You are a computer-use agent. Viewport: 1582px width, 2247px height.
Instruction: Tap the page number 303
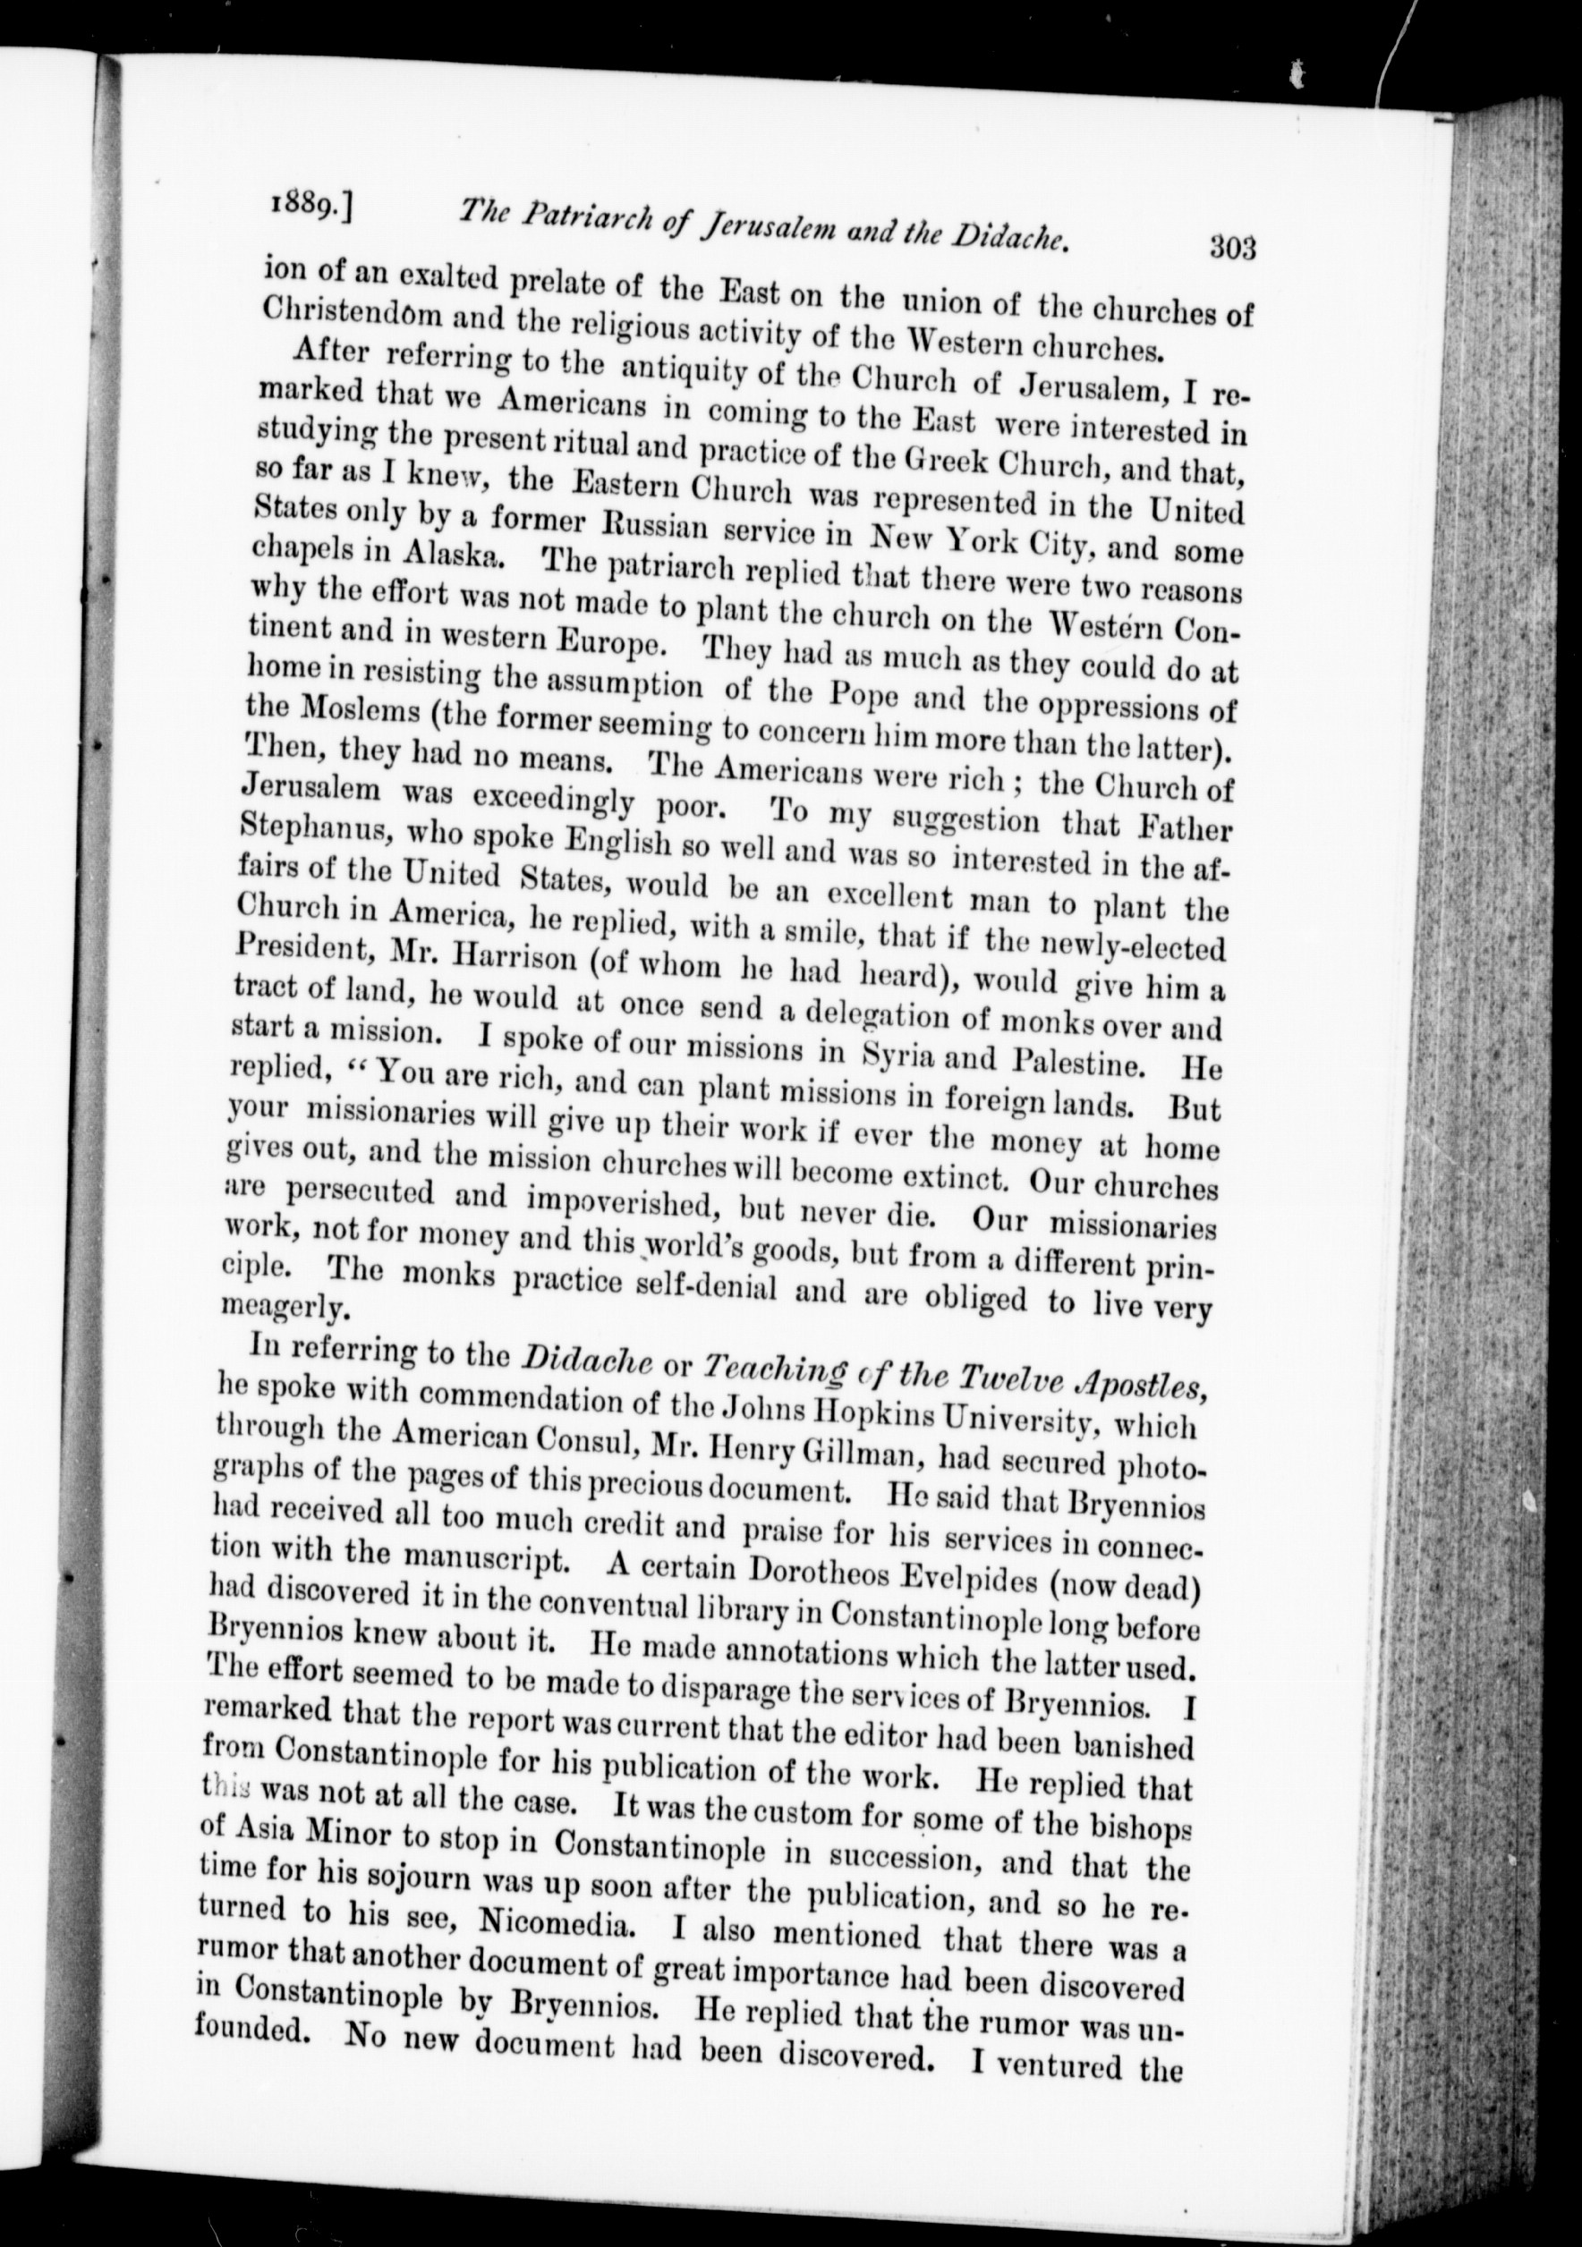[x=1231, y=249]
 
